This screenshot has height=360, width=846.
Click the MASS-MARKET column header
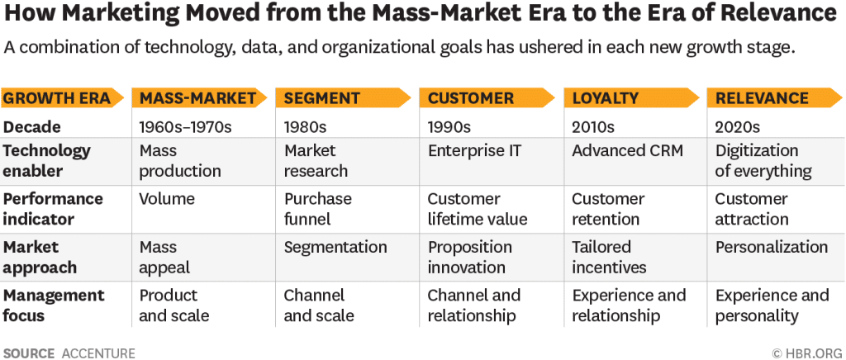(x=197, y=98)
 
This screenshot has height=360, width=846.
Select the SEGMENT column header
(x=321, y=98)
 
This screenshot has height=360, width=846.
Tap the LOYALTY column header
(x=605, y=98)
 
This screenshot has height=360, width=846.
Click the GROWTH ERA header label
(x=57, y=98)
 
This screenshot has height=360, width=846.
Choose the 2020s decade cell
(x=737, y=127)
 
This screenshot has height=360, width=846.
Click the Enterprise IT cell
(x=474, y=151)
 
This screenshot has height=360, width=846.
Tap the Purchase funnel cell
(x=317, y=209)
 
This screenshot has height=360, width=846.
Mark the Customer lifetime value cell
(x=477, y=209)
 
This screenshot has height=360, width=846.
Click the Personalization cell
(x=771, y=247)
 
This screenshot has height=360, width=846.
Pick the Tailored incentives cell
(x=609, y=257)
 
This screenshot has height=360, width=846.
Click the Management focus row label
(x=53, y=305)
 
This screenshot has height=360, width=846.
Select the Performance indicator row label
(x=53, y=209)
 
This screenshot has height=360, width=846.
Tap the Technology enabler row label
(x=46, y=161)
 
